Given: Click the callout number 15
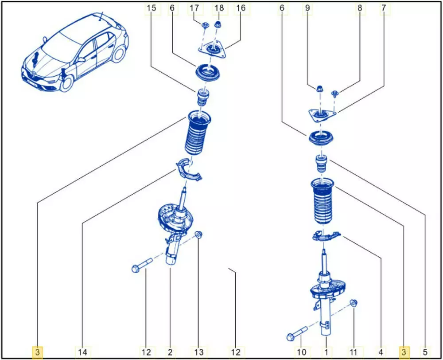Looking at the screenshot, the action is [152, 8].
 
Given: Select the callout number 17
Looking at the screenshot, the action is [194, 8].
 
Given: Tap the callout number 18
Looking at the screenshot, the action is [219, 8].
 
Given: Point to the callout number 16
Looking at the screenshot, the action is [241, 8].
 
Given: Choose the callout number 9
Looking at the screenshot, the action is [307, 8].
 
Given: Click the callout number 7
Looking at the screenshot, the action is [384, 8].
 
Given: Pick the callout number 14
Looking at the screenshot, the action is [82, 352].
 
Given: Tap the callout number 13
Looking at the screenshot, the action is [199, 352].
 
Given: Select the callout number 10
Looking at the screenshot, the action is [302, 352].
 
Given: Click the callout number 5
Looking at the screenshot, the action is [425, 352].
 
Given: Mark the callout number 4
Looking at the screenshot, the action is [381, 352].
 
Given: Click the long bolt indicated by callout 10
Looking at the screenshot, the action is [297, 334].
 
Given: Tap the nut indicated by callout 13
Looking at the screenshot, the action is [199, 235].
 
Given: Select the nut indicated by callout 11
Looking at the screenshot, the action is [354, 303].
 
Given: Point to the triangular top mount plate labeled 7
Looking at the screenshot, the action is [322, 116].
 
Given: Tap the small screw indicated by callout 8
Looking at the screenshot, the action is [335, 94].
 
